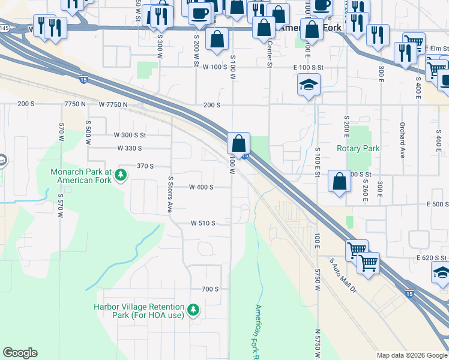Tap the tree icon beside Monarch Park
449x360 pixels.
[121, 175]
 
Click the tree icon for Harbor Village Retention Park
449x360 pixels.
[193, 310]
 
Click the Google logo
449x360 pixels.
[20, 353]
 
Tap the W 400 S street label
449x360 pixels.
[201, 187]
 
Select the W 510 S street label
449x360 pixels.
[203, 223]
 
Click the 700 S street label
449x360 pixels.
[210, 289]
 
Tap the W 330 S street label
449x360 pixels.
[130, 148]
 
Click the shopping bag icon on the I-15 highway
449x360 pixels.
[239, 143]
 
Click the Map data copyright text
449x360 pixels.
[411, 355]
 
